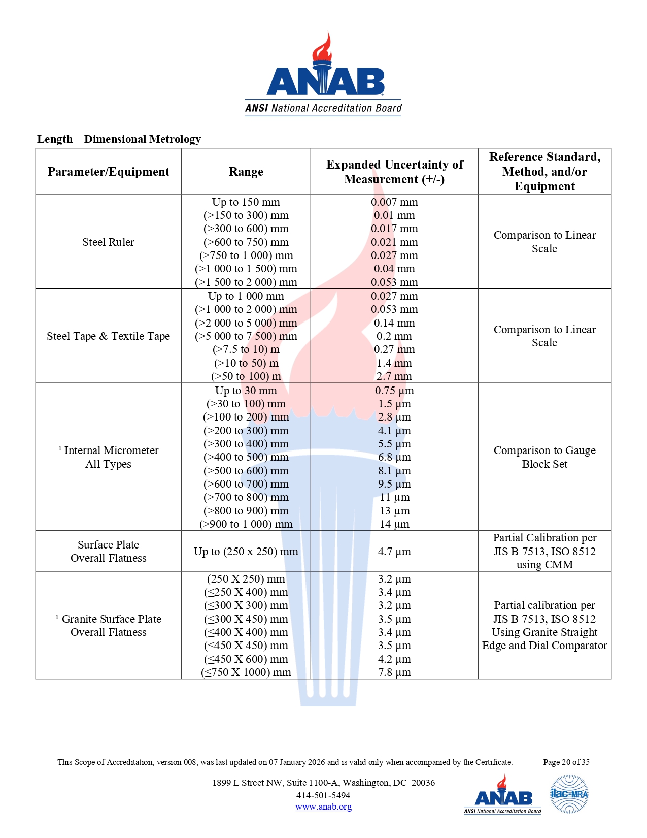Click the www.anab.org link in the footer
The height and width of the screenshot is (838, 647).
click(323, 807)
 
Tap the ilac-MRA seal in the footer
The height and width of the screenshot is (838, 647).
click(569, 794)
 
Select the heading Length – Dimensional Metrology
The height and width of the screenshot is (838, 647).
click(119, 139)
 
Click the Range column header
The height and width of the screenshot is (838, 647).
click(246, 172)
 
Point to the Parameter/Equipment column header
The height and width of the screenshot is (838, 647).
click(109, 172)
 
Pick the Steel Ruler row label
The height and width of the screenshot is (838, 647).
click(108, 242)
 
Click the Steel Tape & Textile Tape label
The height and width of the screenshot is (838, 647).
click(108, 336)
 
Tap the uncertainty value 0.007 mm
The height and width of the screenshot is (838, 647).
click(394, 202)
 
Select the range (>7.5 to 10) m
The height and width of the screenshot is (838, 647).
click(246, 349)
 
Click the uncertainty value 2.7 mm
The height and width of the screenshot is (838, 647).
click(394, 376)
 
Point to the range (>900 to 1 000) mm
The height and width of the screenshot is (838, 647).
click(246, 524)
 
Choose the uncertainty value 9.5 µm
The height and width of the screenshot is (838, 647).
click(394, 484)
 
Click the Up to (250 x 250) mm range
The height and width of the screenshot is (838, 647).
click(246, 552)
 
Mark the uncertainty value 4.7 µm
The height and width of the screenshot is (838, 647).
click(394, 552)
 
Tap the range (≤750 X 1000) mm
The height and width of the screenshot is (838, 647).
click(246, 672)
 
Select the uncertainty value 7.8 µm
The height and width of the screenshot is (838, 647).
click(394, 672)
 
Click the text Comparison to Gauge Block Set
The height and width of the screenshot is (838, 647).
click(544, 457)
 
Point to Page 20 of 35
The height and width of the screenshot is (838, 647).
click(566, 762)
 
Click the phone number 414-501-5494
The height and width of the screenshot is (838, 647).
click(323, 795)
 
